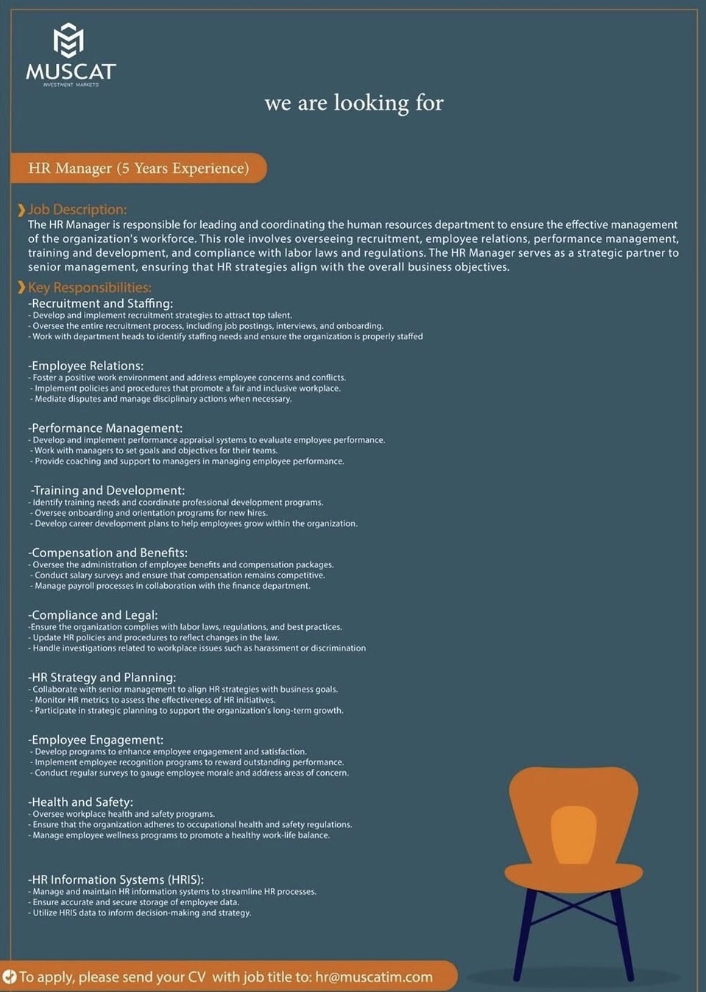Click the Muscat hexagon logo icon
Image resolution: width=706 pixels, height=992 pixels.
pos(68,40)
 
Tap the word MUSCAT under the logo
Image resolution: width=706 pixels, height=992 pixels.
pos(71,71)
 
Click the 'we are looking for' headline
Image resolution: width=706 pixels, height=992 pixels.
pos(354,102)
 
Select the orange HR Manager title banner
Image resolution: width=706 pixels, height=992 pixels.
pos(138,168)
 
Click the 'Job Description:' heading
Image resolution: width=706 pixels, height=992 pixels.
pos(77,210)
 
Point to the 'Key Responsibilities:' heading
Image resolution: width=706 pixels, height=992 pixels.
pos(89,288)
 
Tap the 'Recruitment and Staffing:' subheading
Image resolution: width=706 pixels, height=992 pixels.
pos(101,303)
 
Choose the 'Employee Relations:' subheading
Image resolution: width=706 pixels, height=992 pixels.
pos(86,366)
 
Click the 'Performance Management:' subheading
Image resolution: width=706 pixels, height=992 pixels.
pos(105,428)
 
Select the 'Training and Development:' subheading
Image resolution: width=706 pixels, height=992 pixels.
pos(108,490)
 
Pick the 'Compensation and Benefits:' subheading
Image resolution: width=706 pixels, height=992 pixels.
pos(108,553)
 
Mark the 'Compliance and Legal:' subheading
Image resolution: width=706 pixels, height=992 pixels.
pos(93,615)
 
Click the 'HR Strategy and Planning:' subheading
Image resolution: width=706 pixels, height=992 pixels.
pos(102,677)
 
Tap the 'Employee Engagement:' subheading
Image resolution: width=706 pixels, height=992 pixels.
pos(96,740)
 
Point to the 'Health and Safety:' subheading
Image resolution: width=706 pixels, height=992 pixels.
pos(81,802)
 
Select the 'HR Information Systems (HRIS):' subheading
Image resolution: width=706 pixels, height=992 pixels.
pos(116,879)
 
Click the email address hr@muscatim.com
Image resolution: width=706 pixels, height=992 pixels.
pos(374,977)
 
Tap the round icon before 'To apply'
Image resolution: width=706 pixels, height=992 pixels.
pos(10,977)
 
